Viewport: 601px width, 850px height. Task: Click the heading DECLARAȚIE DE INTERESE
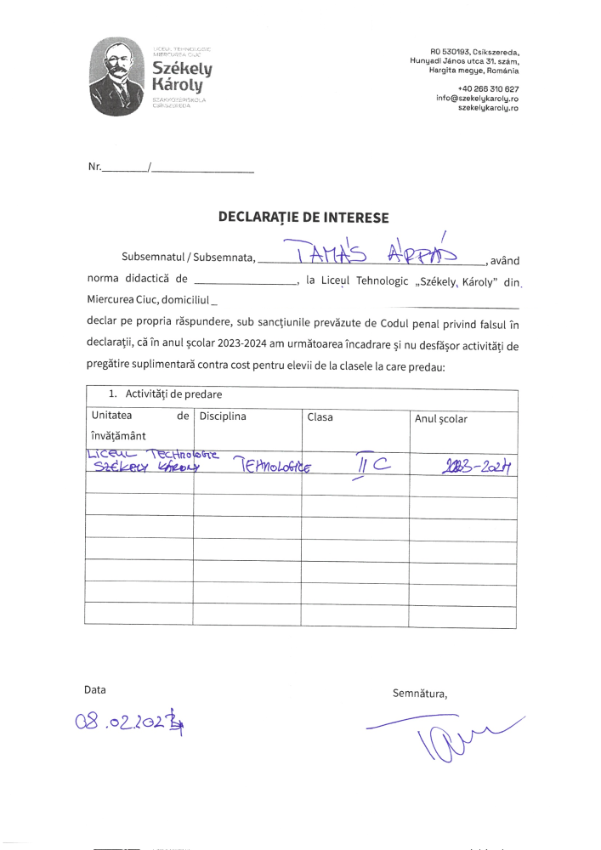pyautogui.click(x=303, y=218)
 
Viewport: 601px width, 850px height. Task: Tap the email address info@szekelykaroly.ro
pyautogui.click(x=477, y=99)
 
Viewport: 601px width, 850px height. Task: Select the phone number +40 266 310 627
pyautogui.click(x=488, y=88)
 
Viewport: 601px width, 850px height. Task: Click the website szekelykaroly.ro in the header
pyautogui.click(x=488, y=108)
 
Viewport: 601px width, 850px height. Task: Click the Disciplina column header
pyautogui.click(x=223, y=416)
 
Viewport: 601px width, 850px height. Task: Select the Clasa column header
pyautogui.click(x=320, y=417)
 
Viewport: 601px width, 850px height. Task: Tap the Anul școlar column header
pyautogui.click(x=440, y=419)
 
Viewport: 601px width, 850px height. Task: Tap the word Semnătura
pyautogui.click(x=419, y=694)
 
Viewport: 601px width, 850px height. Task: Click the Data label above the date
pyautogui.click(x=94, y=689)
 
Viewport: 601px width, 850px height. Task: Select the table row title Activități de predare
pyautogui.click(x=174, y=394)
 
